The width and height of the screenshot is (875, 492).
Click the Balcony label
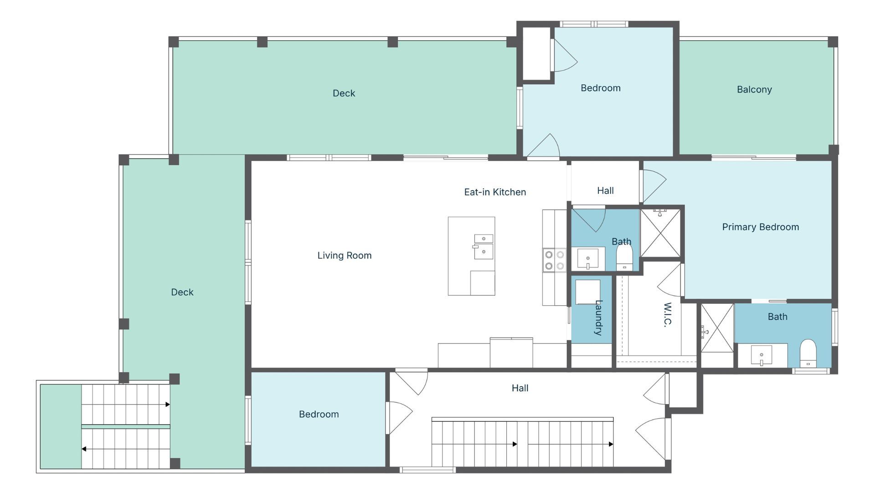click(x=754, y=90)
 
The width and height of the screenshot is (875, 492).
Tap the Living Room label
click(x=345, y=256)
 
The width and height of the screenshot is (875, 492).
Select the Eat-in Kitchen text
click(x=495, y=192)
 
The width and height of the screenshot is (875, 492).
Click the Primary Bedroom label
click(x=760, y=227)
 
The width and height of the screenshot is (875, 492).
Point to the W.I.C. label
click(x=668, y=315)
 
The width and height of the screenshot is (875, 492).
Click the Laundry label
click(x=599, y=318)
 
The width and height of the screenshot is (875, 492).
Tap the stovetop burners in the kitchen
click(x=554, y=260)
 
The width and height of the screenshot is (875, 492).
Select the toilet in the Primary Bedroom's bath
click(x=808, y=353)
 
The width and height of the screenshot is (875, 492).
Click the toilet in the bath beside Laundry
click(x=624, y=258)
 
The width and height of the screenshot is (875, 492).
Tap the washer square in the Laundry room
click(x=587, y=292)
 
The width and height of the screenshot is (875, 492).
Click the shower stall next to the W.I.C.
click(x=717, y=328)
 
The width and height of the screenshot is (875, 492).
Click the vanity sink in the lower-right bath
click(x=762, y=355)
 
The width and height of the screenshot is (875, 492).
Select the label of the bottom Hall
click(x=520, y=388)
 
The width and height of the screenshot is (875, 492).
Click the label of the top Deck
click(x=344, y=93)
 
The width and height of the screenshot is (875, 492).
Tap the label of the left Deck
click(x=182, y=292)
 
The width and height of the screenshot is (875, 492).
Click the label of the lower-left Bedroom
click(x=319, y=415)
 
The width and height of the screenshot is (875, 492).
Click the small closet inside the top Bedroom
click(x=536, y=54)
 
